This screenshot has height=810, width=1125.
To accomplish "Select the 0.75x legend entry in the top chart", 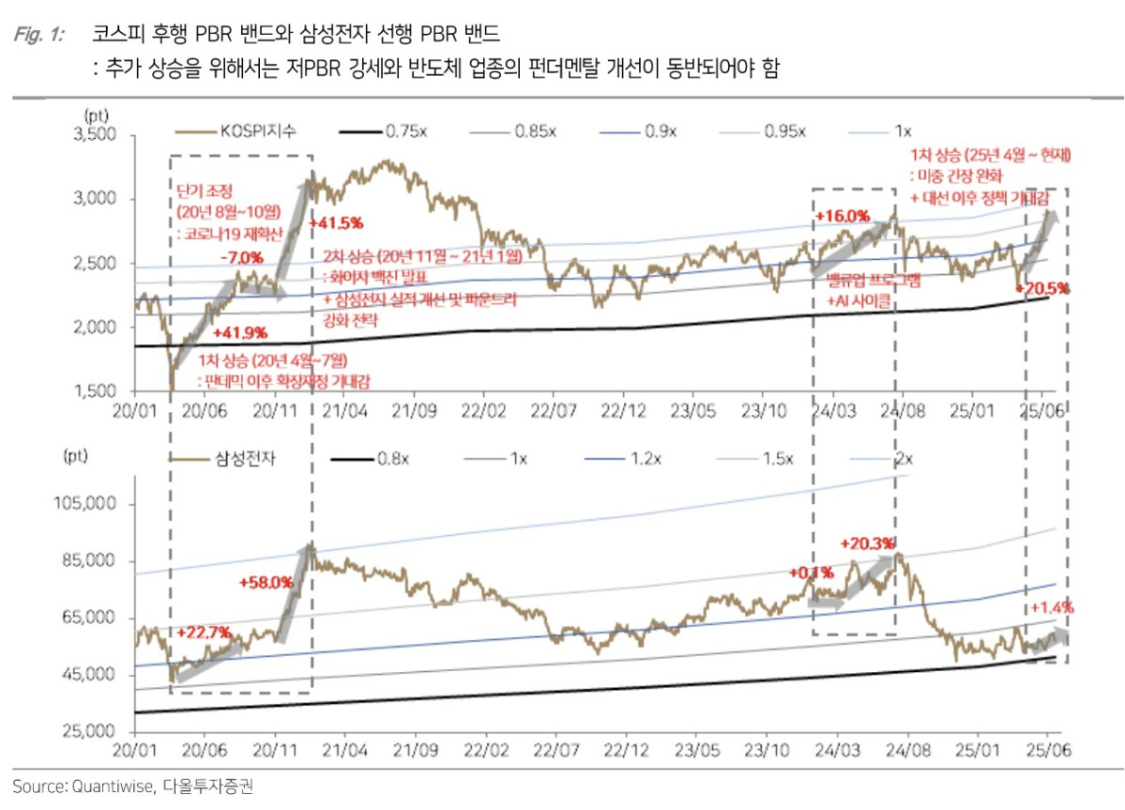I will click(x=405, y=132).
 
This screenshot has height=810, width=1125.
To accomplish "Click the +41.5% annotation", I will click(x=336, y=222).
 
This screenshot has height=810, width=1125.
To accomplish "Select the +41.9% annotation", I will click(x=240, y=332).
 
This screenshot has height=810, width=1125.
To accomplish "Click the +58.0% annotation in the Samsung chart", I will click(x=266, y=583).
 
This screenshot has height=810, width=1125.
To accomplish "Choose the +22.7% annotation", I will click(x=203, y=632).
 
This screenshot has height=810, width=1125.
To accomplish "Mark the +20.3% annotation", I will click(x=867, y=543).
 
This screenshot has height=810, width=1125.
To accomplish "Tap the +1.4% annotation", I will click(x=1052, y=607).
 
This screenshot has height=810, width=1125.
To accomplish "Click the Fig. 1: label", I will click(x=39, y=35).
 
